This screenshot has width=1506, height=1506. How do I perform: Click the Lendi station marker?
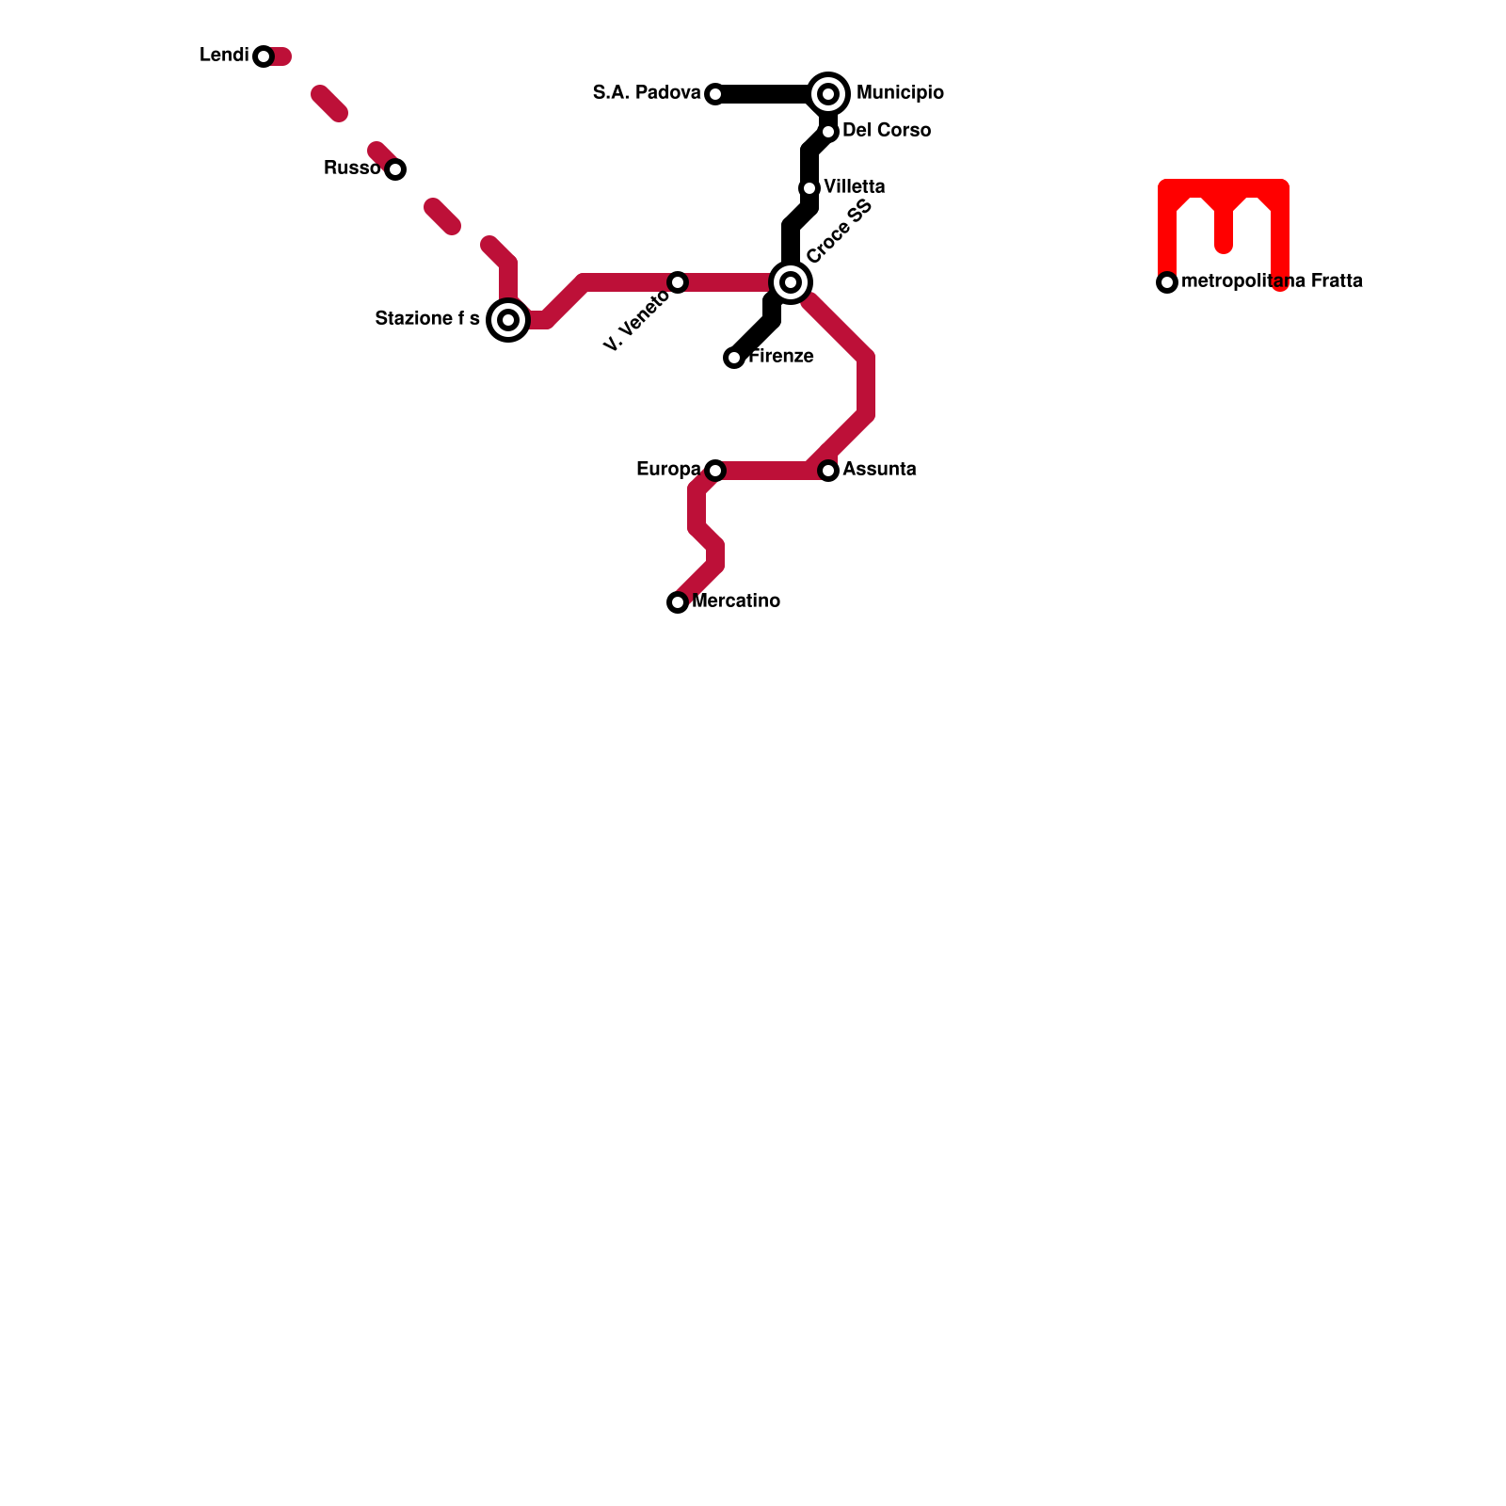(264, 56)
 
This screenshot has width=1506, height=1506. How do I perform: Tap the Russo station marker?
(395, 169)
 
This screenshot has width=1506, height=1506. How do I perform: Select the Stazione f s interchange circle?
(508, 320)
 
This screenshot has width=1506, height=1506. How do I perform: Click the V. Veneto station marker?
(678, 282)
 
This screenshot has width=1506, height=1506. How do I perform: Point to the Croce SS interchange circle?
(791, 282)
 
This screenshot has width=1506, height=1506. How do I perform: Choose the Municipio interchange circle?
(828, 94)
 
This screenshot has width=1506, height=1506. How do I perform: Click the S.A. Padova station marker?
(715, 94)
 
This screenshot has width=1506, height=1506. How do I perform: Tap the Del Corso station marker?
(828, 132)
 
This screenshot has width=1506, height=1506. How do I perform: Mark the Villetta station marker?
(809, 188)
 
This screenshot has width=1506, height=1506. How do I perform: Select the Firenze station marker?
(734, 358)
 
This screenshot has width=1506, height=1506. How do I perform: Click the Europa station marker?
(715, 471)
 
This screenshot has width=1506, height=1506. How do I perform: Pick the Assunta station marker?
(828, 471)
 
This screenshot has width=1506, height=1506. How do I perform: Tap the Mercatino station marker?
(678, 602)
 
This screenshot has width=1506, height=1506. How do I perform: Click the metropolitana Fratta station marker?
(1167, 282)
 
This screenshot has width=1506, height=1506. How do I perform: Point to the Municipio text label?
(900, 93)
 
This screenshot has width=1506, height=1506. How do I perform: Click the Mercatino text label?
(736, 601)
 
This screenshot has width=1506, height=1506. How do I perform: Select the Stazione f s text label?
(427, 319)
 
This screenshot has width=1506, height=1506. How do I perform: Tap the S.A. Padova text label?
(647, 93)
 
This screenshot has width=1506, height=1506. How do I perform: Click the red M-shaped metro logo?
(1224, 226)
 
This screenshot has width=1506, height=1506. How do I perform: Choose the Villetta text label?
(854, 187)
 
